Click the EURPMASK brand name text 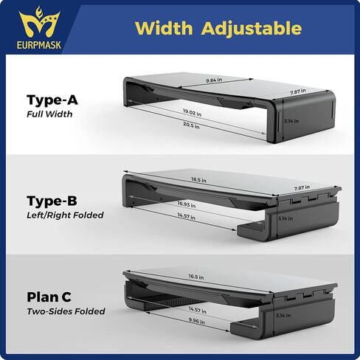pos(39,45)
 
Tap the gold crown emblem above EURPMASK pos(39,23)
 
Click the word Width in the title pos(164,28)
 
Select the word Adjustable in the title pos(252,29)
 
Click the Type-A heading pos(52,100)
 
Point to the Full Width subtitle pos(49,114)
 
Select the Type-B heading pos(52,201)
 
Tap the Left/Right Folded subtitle pos(65,215)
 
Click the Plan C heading pos(49,297)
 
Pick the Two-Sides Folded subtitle pos(66,311)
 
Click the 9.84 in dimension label pos(214,80)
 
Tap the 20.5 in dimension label pos(191,125)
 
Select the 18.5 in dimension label pos(198,179)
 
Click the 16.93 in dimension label pos(187,204)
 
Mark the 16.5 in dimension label pos(196,277)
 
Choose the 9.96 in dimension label pos(197,321)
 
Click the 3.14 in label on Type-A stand pos(291,121)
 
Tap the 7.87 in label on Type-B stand pos(302,188)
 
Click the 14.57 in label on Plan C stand pos(198,310)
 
